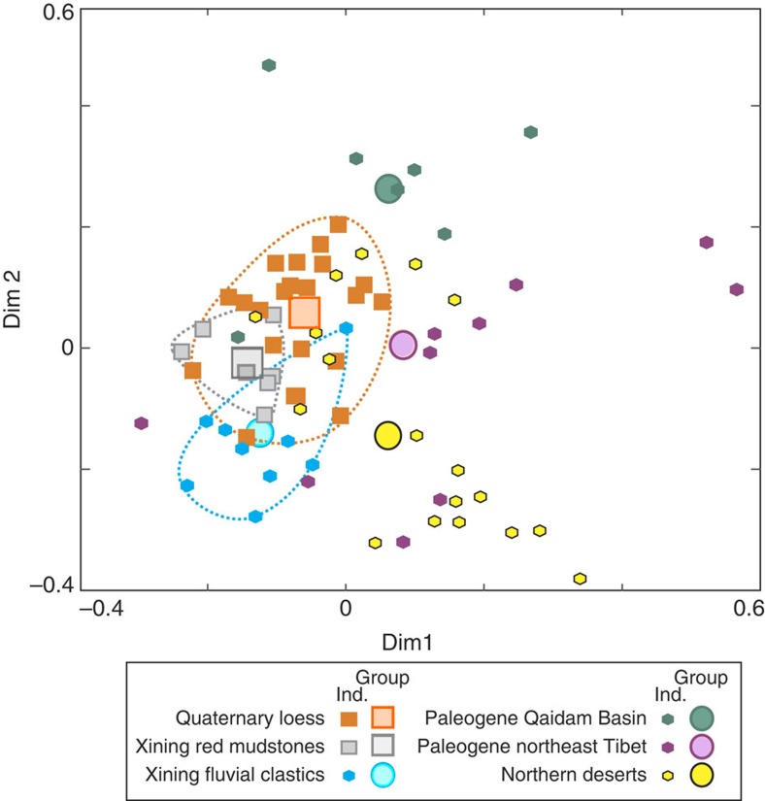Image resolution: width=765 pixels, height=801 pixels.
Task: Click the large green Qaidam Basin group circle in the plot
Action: point(388,189)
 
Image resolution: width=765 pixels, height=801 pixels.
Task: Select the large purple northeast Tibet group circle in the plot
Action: point(403,345)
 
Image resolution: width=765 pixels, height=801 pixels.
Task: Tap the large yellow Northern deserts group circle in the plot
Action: point(388,436)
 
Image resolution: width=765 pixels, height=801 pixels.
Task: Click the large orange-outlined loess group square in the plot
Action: point(305,313)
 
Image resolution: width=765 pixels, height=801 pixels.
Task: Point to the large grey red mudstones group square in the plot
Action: point(247,362)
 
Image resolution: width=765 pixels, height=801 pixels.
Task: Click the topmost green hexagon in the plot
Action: point(269,65)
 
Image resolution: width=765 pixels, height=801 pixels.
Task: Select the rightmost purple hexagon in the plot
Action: point(737,289)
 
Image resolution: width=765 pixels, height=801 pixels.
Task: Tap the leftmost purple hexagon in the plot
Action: point(142,423)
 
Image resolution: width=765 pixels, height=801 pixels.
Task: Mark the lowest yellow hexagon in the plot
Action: point(581,579)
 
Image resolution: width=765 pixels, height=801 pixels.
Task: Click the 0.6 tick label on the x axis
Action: point(746,609)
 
